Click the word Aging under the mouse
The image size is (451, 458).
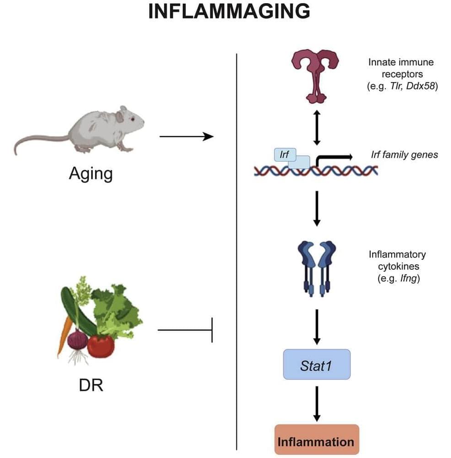[x=91, y=174]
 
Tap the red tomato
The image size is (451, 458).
[x=101, y=346]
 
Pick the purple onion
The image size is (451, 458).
[x=77, y=339]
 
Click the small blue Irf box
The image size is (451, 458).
[x=284, y=154]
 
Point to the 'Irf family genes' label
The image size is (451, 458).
[x=404, y=155]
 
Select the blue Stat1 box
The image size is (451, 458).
[x=317, y=365]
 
